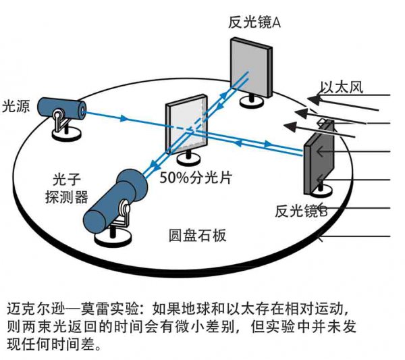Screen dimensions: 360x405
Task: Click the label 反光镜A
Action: pos(254,22)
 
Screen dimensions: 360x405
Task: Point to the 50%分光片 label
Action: pos(196,179)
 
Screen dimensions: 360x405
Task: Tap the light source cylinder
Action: pos(61,106)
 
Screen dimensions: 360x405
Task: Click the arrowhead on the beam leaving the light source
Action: pos(124,119)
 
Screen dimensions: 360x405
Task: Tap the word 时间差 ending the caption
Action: pos(86,346)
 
